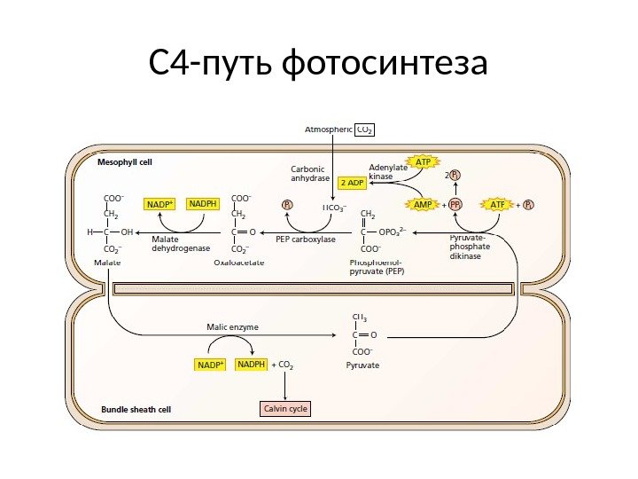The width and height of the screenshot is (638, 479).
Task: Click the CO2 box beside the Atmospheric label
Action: pos(365,130)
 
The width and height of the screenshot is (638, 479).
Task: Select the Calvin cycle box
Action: pos(285,409)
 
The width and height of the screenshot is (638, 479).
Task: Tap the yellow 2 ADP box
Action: pos(352,183)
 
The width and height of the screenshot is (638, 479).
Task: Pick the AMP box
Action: pos(424,204)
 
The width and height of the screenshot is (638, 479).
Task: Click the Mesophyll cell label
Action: pos(124,163)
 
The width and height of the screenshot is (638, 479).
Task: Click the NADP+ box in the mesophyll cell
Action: pos(160,204)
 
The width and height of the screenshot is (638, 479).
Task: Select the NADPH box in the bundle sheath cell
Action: pos(252,364)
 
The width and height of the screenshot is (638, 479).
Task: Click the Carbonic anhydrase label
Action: pos(309,172)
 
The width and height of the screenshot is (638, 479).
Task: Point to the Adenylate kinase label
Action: pos(388,172)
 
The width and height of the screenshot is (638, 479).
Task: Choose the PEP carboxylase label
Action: pos(306,239)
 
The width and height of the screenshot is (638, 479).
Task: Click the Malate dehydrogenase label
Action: pos(182,243)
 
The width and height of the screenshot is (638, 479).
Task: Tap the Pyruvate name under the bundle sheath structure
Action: pos(362,365)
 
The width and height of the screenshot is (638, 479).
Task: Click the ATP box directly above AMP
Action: pos(424,162)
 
